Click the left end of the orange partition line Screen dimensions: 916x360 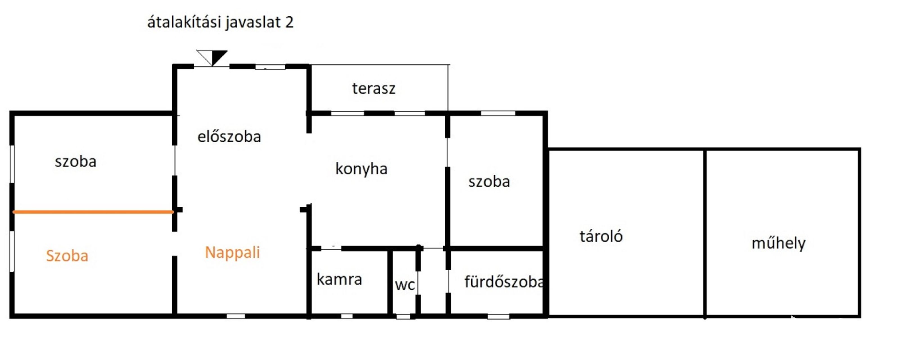(x=13, y=212)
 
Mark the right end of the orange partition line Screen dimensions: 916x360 (x=173, y=212)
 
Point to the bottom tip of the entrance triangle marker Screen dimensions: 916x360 (x=212, y=66)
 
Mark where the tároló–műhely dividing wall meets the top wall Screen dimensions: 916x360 (x=705, y=149)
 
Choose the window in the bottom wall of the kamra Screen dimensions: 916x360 (x=347, y=316)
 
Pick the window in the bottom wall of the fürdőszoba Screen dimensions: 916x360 (x=498, y=316)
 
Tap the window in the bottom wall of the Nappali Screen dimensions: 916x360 (x=236, y=316)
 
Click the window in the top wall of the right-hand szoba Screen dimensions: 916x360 (x=498, y=113)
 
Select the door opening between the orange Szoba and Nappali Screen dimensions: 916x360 (x=174, y=244)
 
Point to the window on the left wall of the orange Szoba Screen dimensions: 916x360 (x=12, y=251)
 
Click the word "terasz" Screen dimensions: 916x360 (x=374, y=88)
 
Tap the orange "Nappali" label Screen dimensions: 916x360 (x=232, y=253)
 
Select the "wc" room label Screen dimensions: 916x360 (x=405, y=285)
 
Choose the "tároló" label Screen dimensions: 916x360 (x=601, y=236)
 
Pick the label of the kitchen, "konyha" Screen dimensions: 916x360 (x=361, y=169)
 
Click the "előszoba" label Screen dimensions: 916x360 (x=229, y=136)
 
